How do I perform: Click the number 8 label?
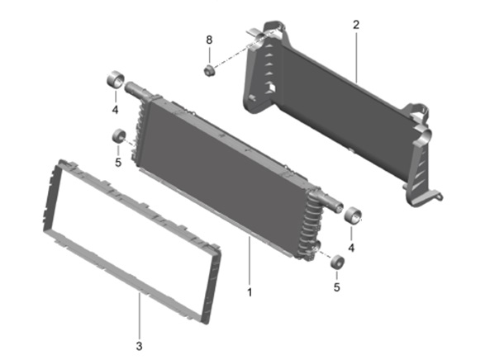click(x=209, y=40)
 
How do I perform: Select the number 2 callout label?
click(x=355, y=25)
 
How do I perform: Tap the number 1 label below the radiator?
click(x=249, y=291)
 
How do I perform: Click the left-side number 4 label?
click(x=116, y=107)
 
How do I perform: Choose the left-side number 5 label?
click(x=117, y=163)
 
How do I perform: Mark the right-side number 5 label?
click(x=335, y=288)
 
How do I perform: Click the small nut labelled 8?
click(x=210, y=69)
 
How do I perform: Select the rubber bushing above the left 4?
click(x=116, y=82)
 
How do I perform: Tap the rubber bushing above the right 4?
click(x=354, y=217)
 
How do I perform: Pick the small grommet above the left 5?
click(x=118, y=135)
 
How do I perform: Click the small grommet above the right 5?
click(x=336, y=263)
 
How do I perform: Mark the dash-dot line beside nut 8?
click(x=235, y=54)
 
